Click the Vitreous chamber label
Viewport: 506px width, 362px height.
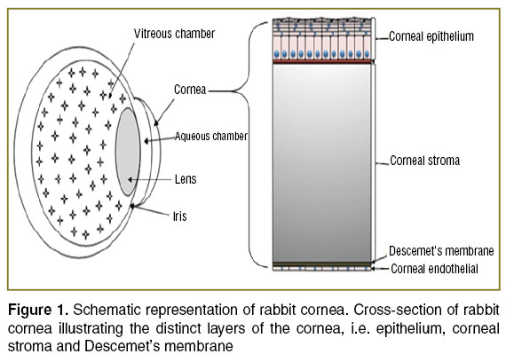point(174,34)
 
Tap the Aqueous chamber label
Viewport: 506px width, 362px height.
point(211,137)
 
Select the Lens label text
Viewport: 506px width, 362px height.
point(186,179)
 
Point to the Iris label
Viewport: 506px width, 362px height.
point(179,216)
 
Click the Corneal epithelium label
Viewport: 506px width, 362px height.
point(431,36)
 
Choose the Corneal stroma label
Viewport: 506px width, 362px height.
point(424,161)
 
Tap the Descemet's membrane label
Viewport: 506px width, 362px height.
point(441,251)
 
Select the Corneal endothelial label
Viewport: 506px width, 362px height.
point(434,269)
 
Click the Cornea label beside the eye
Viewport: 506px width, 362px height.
point(190,90)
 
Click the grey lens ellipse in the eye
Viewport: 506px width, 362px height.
point(128,152)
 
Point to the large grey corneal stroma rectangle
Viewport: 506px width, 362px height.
point(321,163)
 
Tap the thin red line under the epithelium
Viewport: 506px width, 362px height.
point(321,61)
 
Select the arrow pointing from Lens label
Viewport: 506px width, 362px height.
point(149,179)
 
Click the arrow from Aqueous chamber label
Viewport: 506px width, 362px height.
point(160,139)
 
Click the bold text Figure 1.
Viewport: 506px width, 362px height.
point(38,310)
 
